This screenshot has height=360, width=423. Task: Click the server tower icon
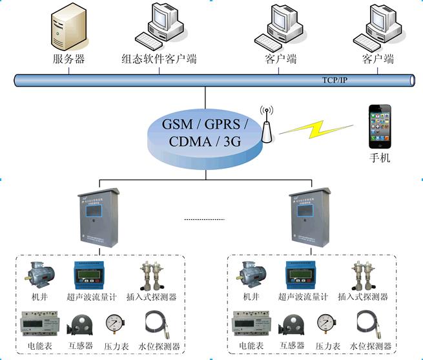click(x=68, y=28)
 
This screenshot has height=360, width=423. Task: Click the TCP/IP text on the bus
click(x=335, y=81)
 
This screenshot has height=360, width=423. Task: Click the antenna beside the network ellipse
click(x=265, y=125)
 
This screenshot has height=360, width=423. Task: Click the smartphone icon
click(x=379, y=125)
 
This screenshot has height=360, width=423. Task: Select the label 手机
click(x=379, y=158)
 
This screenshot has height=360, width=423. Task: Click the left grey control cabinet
click(x=98, y=220)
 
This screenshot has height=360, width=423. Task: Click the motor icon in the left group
click(x=37, y=275)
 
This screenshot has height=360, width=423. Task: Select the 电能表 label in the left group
click(x=40, y=346)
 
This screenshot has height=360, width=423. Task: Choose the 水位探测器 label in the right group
click(x=371, y=346)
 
